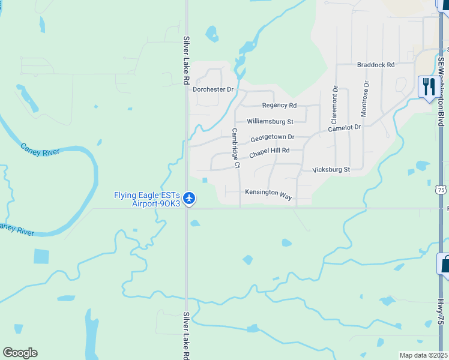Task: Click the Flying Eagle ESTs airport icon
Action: (x=189, y=197)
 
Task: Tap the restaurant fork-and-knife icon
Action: (x=427, y=87)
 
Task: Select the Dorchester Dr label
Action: (x=212, y=89)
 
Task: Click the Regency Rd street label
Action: (x=279, y=106)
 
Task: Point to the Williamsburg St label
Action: (x=270, y=121)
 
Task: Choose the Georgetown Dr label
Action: (x=273, y=137)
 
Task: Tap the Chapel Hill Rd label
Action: (x=269, y=152)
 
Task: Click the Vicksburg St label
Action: (x=331, y=170)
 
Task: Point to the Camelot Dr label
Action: (x=345, y=128)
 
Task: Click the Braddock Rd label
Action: (x=375, y=65)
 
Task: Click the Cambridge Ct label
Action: (x=236, y=148)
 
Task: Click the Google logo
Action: (x=20, y=353)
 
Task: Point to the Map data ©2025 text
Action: (x=423, y=355)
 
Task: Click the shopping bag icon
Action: (x=444, y=265)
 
